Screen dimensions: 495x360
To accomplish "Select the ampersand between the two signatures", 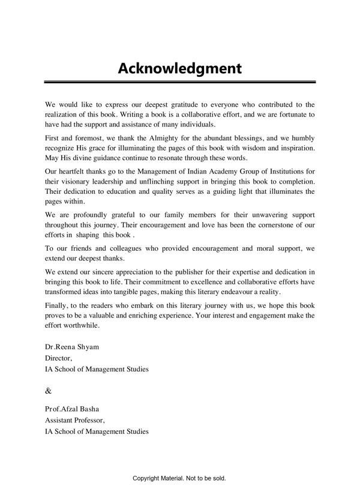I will point(49,391).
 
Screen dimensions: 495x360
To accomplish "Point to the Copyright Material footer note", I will point(179,479).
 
